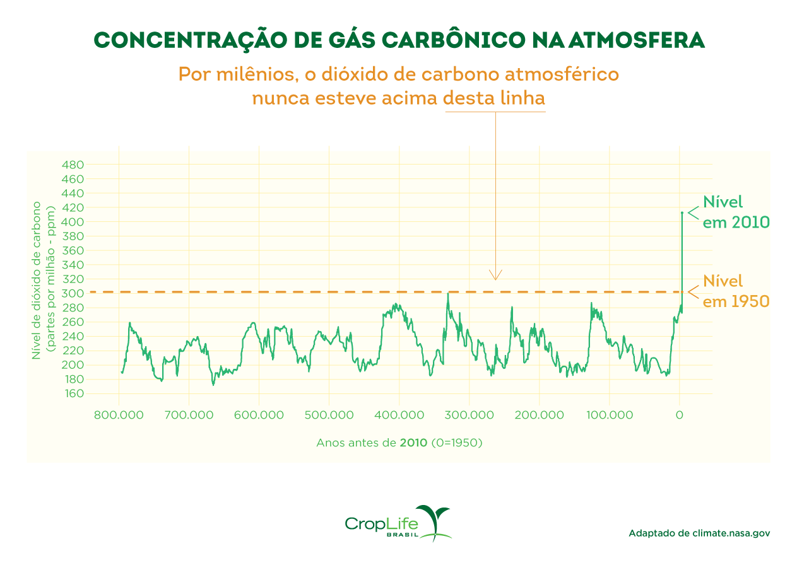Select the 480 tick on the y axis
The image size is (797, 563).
pyautogui.click(x=74, y=165)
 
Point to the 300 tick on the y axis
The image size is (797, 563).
pyautogui.click(x=74, y=294)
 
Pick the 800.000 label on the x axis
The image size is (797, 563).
pyautogui.click(x=119, y=415)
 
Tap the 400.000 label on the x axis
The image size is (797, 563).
pyautogui.click(x=399, y=415)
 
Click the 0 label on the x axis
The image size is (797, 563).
pyautogui.click(x=679, y=415)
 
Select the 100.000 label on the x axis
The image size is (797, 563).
pyautogui.click(x=609, y=415)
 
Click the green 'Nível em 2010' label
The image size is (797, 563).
pyautogui.click(x=735, y=212)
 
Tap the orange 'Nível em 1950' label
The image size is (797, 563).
pyautogui.click(x=735, y=291)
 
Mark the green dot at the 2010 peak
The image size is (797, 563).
pyautogui.click(x=682, y=213)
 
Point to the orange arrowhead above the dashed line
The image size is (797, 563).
pyautogui.click(x=495, y=275)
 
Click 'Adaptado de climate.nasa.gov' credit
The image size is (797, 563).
pyautogui.click(x=699, y=533)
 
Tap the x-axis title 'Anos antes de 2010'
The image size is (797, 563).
pyautogui.click(x=399, y=443)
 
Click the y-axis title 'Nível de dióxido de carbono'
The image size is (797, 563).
pyautogui.click(x=37, y=280)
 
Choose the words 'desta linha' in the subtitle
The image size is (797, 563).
pyautogui.click(x=494, y=99)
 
